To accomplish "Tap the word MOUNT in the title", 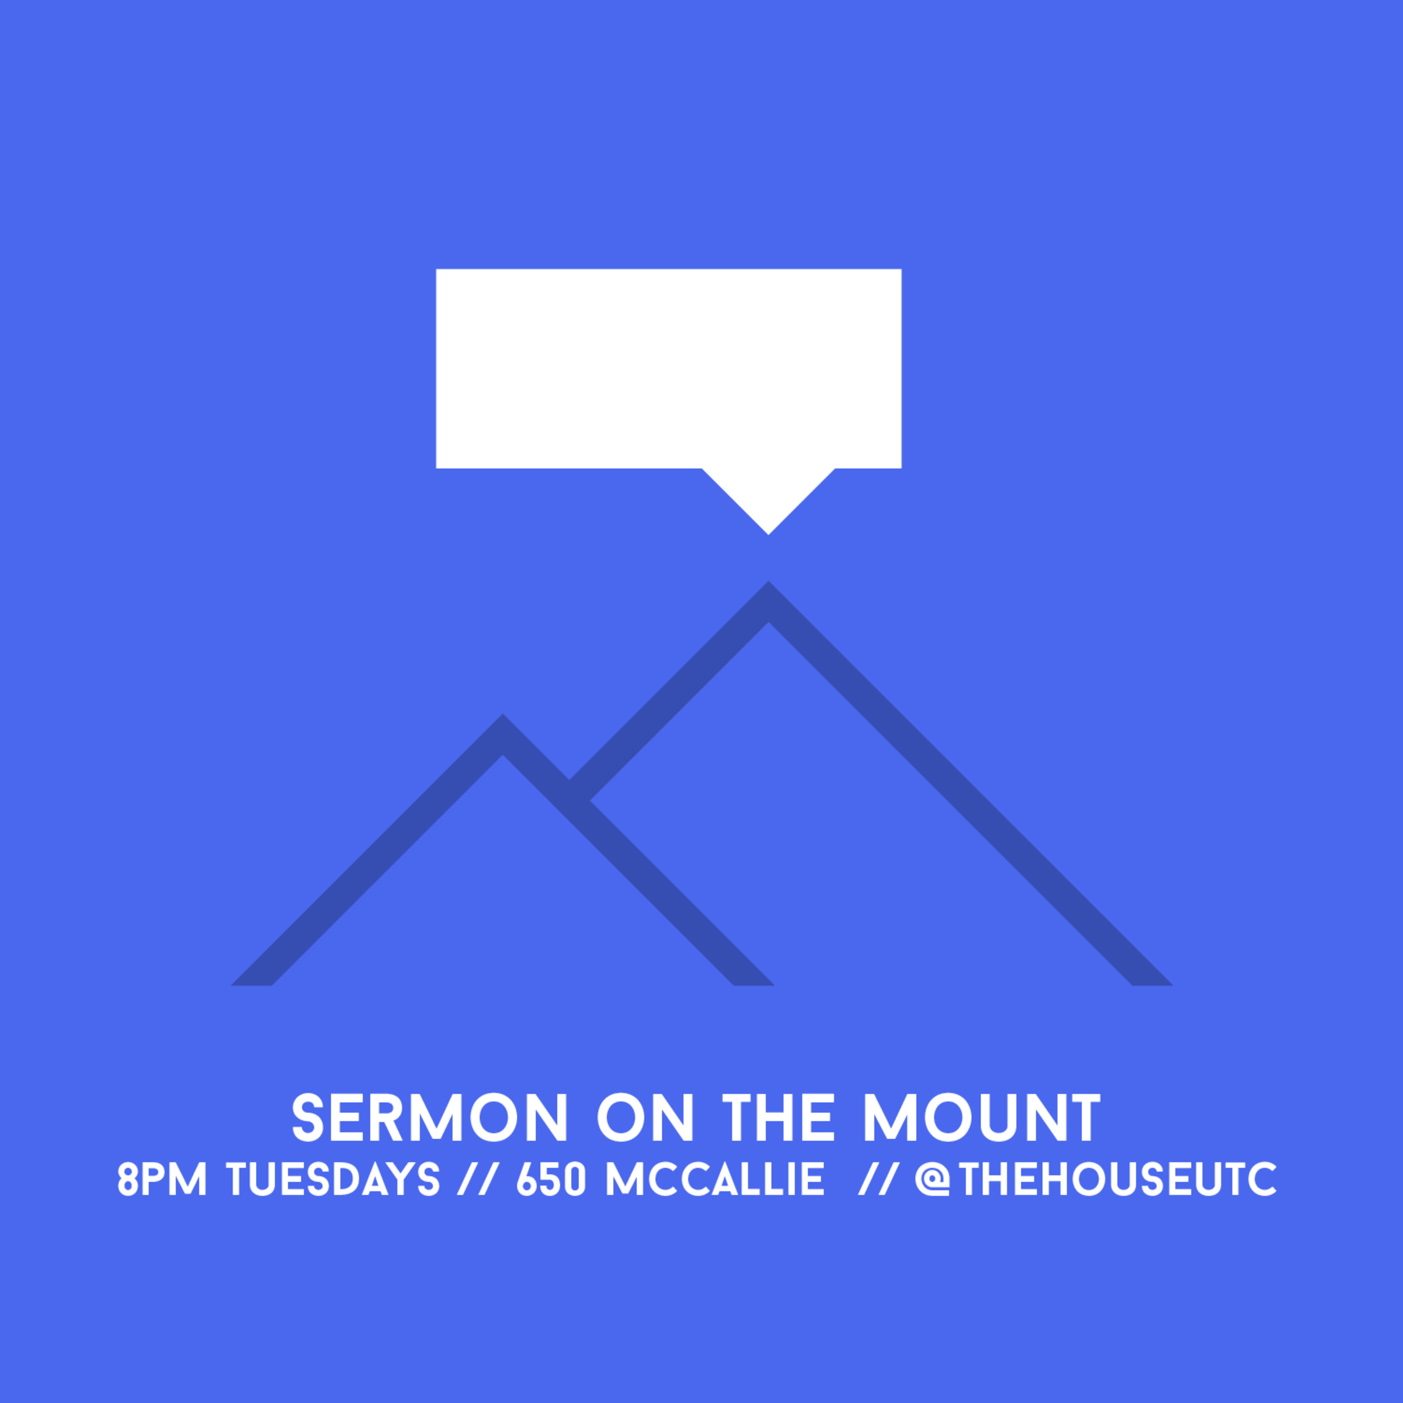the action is [982, 1118].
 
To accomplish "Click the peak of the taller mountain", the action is [768, 582].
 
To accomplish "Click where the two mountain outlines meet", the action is [579, 790].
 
